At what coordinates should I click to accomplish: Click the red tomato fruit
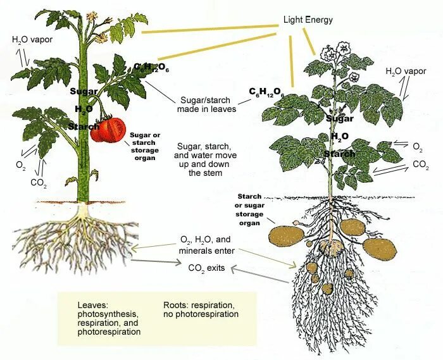coord(108,130)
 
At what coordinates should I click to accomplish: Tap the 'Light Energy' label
coord(308,20)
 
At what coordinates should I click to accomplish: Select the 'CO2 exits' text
coord(206,268)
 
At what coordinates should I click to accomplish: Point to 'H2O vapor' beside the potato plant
coord(406,71)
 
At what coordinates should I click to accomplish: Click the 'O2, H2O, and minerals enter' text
coord(207,245)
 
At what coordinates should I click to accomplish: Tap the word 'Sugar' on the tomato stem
coord(84,91)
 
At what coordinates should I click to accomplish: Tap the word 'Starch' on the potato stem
coord(339,154)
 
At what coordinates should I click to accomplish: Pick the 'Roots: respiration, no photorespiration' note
coord(201,309)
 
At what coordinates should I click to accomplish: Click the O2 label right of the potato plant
coord(417,146)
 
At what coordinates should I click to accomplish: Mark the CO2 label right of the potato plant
coord(420,164)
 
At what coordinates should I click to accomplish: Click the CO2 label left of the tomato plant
coord(39,182)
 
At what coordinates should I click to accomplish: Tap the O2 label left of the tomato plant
coord(21,164)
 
